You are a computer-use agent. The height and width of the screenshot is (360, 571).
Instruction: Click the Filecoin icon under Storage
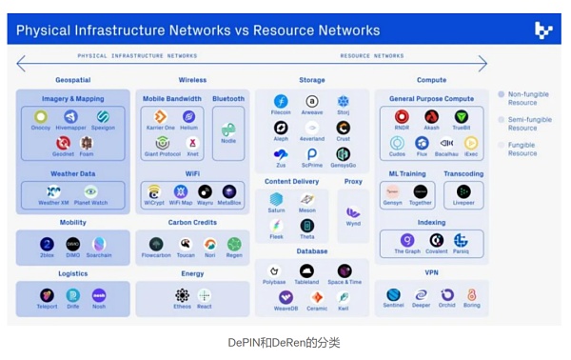point(281,102)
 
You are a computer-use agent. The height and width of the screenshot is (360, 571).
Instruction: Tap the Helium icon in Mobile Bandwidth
point(189,116)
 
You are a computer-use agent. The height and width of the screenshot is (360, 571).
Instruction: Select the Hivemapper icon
point(70,116)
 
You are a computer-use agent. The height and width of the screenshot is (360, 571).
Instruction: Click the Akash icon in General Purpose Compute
point(431,117)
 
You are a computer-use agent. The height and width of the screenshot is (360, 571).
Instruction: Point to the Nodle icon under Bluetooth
point(228,129)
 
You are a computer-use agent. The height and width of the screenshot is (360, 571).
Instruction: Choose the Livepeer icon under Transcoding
point(463,191)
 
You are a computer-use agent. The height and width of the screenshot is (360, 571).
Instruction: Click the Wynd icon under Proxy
point(353,211)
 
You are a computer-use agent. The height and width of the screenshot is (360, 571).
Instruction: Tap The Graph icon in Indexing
point(406,240)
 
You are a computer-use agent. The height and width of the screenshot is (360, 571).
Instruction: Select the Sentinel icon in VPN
point(393,295)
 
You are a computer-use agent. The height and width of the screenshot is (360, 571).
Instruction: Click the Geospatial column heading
point(72,80)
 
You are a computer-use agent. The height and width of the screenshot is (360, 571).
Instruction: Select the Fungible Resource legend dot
point(501,144)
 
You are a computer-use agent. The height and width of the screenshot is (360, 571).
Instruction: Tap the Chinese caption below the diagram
point(284,342)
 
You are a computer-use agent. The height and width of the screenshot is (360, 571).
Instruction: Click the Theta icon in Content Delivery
point(307,226)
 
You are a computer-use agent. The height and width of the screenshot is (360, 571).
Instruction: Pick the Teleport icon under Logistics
point(47,295)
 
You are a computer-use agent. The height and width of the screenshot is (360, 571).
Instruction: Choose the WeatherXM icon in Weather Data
point(53,191)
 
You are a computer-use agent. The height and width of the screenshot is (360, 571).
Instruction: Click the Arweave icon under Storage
point(312,102)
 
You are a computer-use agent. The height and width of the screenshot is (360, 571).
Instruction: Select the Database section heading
point(311,252)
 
